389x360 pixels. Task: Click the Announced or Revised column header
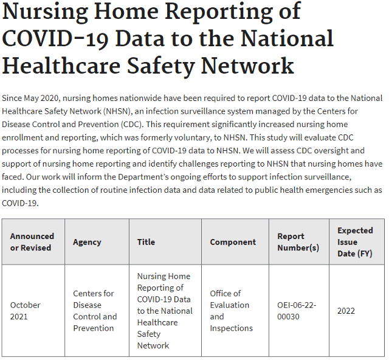click(32, 242)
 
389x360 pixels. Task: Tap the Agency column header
click(87, 242)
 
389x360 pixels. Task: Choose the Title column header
click(146, 242)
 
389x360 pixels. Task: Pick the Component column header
click(233, 242)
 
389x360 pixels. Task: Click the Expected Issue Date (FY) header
click(356, 242)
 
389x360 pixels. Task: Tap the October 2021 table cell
click(26, 311)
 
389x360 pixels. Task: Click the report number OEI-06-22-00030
click(297, 311)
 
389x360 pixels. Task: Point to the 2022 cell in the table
click(346, 311)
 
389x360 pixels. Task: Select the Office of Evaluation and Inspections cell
click(231, 311)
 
